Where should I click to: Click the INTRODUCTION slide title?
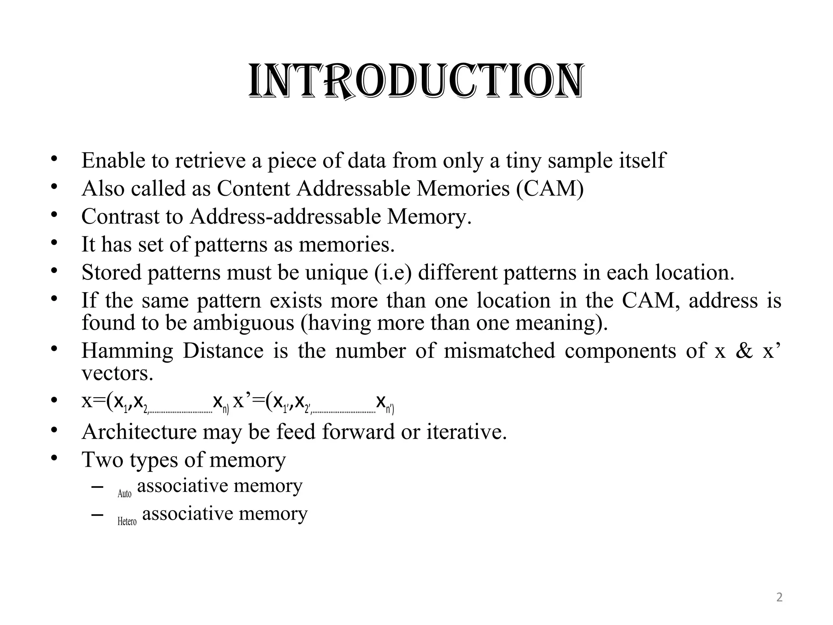[416, 82]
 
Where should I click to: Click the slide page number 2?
[779, 597]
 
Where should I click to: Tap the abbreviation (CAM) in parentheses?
[550, 189]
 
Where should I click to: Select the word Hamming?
[127, 351]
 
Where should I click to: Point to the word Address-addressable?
[285, 216]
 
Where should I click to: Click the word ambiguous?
[243, 323]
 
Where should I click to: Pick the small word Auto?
[124, 494]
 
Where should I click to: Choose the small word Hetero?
[127, 521]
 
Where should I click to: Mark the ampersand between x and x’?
[744, 351]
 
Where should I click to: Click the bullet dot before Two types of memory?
[54, 458]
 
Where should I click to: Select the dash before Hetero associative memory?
[97, 515]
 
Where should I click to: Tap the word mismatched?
[499, 351]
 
